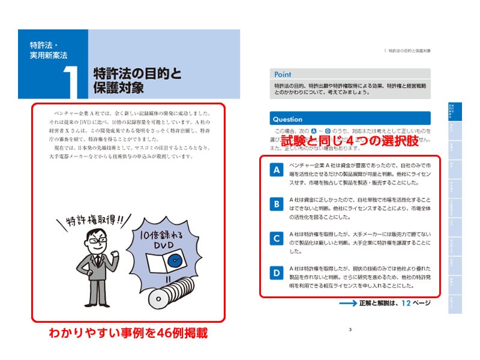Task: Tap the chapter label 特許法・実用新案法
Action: (x=49, y=50)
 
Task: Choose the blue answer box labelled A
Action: (x=277, y=171)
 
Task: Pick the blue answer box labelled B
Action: (x=277, y=205)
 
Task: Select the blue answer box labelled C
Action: (x=277, y=239)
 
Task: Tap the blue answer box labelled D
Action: (x=277, y=273)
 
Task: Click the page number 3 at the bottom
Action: (x=350, y=328)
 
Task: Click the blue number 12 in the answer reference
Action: (x=407, y=303)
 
